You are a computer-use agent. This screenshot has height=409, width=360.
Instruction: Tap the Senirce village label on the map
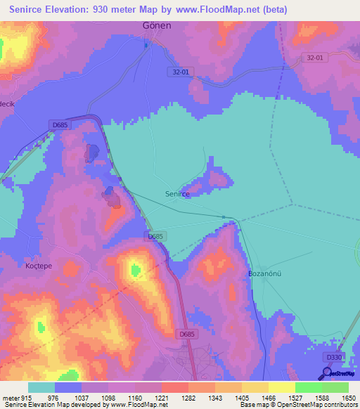pyautogui.click(x=177, y=194)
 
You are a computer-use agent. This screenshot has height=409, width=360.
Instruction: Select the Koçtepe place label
pyautogui.click(x=39, y=266)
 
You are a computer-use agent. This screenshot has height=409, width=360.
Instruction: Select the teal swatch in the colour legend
pyautogui.click(x=41, y=387)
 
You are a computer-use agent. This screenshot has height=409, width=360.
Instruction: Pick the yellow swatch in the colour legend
pyautogui.click(x=281, y=387)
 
